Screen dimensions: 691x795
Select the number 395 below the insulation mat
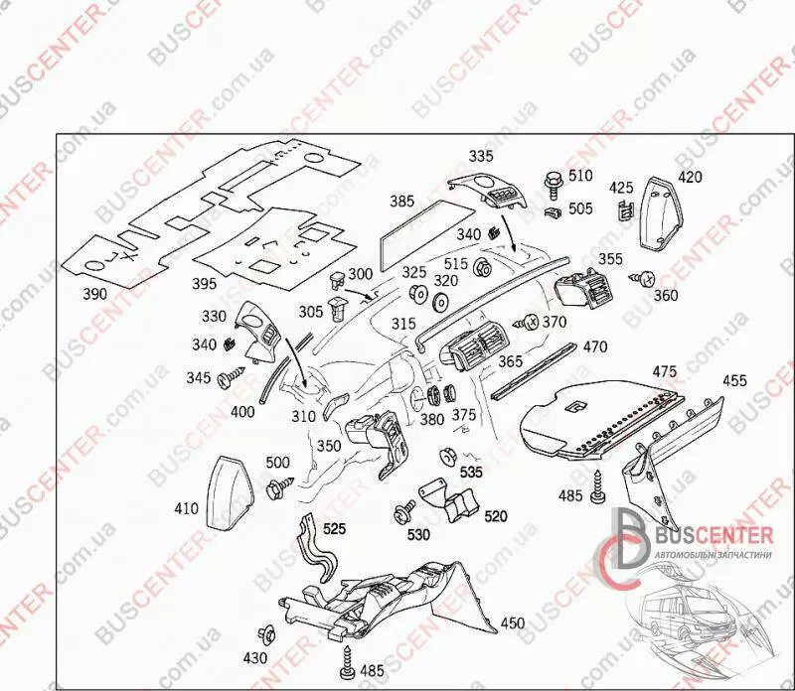205,284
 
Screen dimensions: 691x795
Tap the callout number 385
401,201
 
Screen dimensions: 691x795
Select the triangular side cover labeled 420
661,214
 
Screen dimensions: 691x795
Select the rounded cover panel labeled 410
232,487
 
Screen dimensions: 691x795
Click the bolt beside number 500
277,487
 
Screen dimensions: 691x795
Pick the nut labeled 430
265,634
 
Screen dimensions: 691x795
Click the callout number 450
512,622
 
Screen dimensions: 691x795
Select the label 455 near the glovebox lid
734,380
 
